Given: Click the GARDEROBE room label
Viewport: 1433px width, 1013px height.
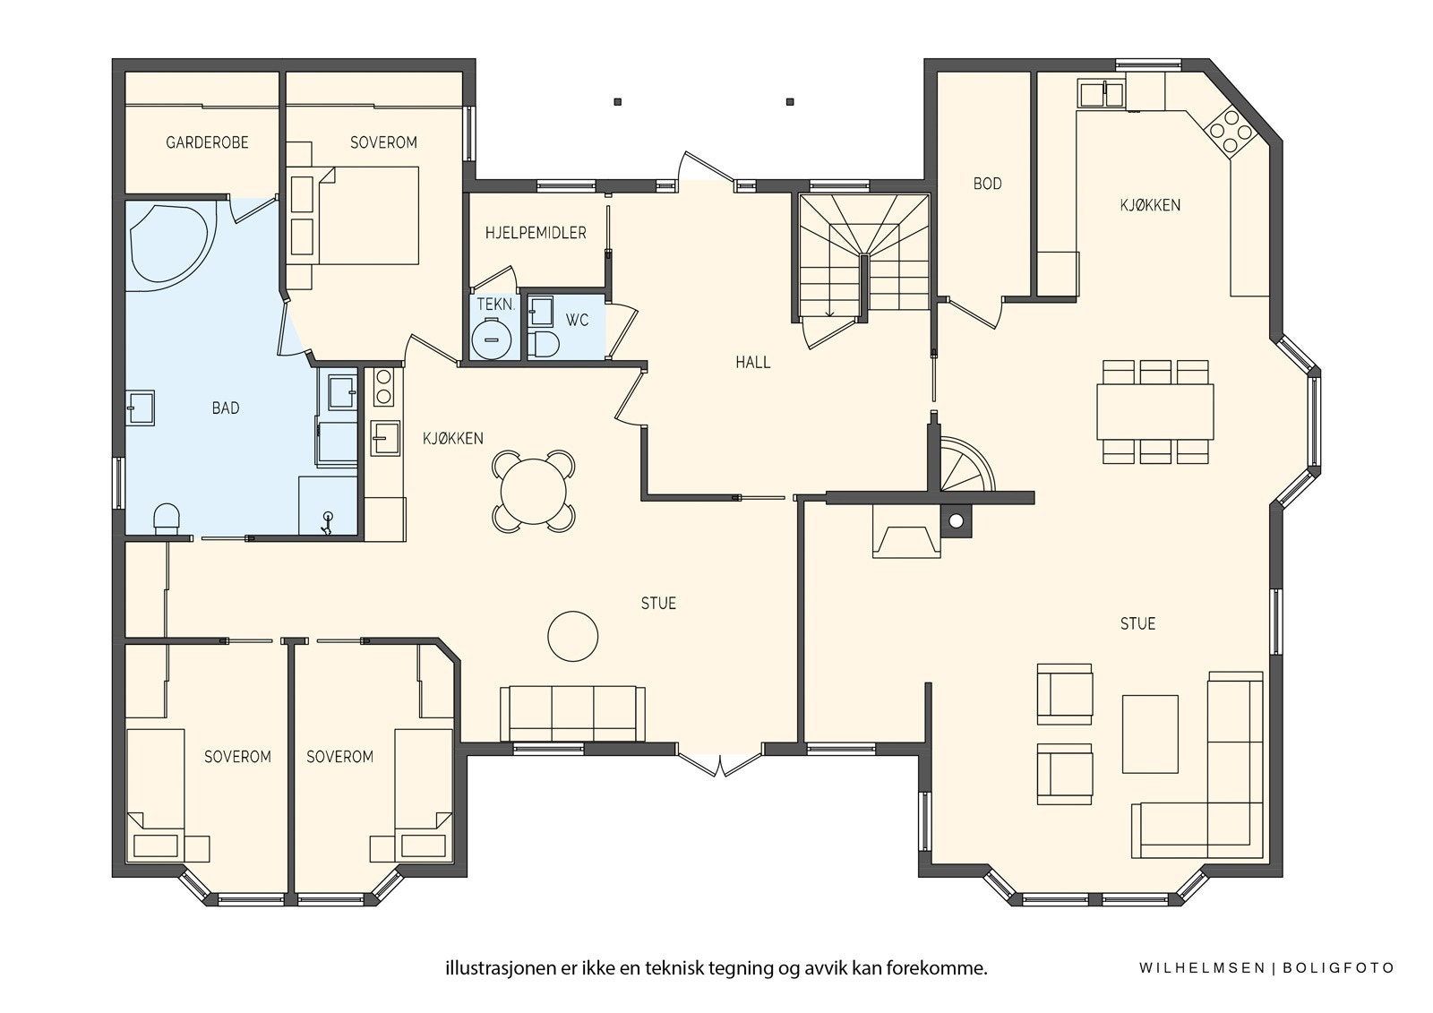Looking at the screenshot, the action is [207, 142].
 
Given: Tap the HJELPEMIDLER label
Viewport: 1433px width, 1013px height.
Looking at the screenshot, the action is [536, 233].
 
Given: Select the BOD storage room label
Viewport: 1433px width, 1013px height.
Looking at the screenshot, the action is [987, 184].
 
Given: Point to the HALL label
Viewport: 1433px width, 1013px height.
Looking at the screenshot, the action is [753, 363].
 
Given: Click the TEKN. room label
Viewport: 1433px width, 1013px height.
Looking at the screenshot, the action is [496, 305].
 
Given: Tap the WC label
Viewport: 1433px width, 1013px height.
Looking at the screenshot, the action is [577, 320].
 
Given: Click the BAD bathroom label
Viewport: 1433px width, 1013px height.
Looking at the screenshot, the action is [226, 408].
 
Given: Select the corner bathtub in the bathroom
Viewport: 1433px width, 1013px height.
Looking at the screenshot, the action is [170, 243].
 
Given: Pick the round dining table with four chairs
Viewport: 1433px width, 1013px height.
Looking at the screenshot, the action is [534, 491].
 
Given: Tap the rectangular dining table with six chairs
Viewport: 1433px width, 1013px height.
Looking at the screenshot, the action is [1155, 412].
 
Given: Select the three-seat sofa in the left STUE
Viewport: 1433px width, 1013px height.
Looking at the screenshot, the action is [572, 714].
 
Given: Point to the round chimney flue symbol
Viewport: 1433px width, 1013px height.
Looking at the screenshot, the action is [956, 521].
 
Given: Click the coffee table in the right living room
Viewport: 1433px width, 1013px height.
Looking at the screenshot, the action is [1150, 734].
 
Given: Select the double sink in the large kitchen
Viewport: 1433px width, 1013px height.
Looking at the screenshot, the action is [1102, 94].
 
